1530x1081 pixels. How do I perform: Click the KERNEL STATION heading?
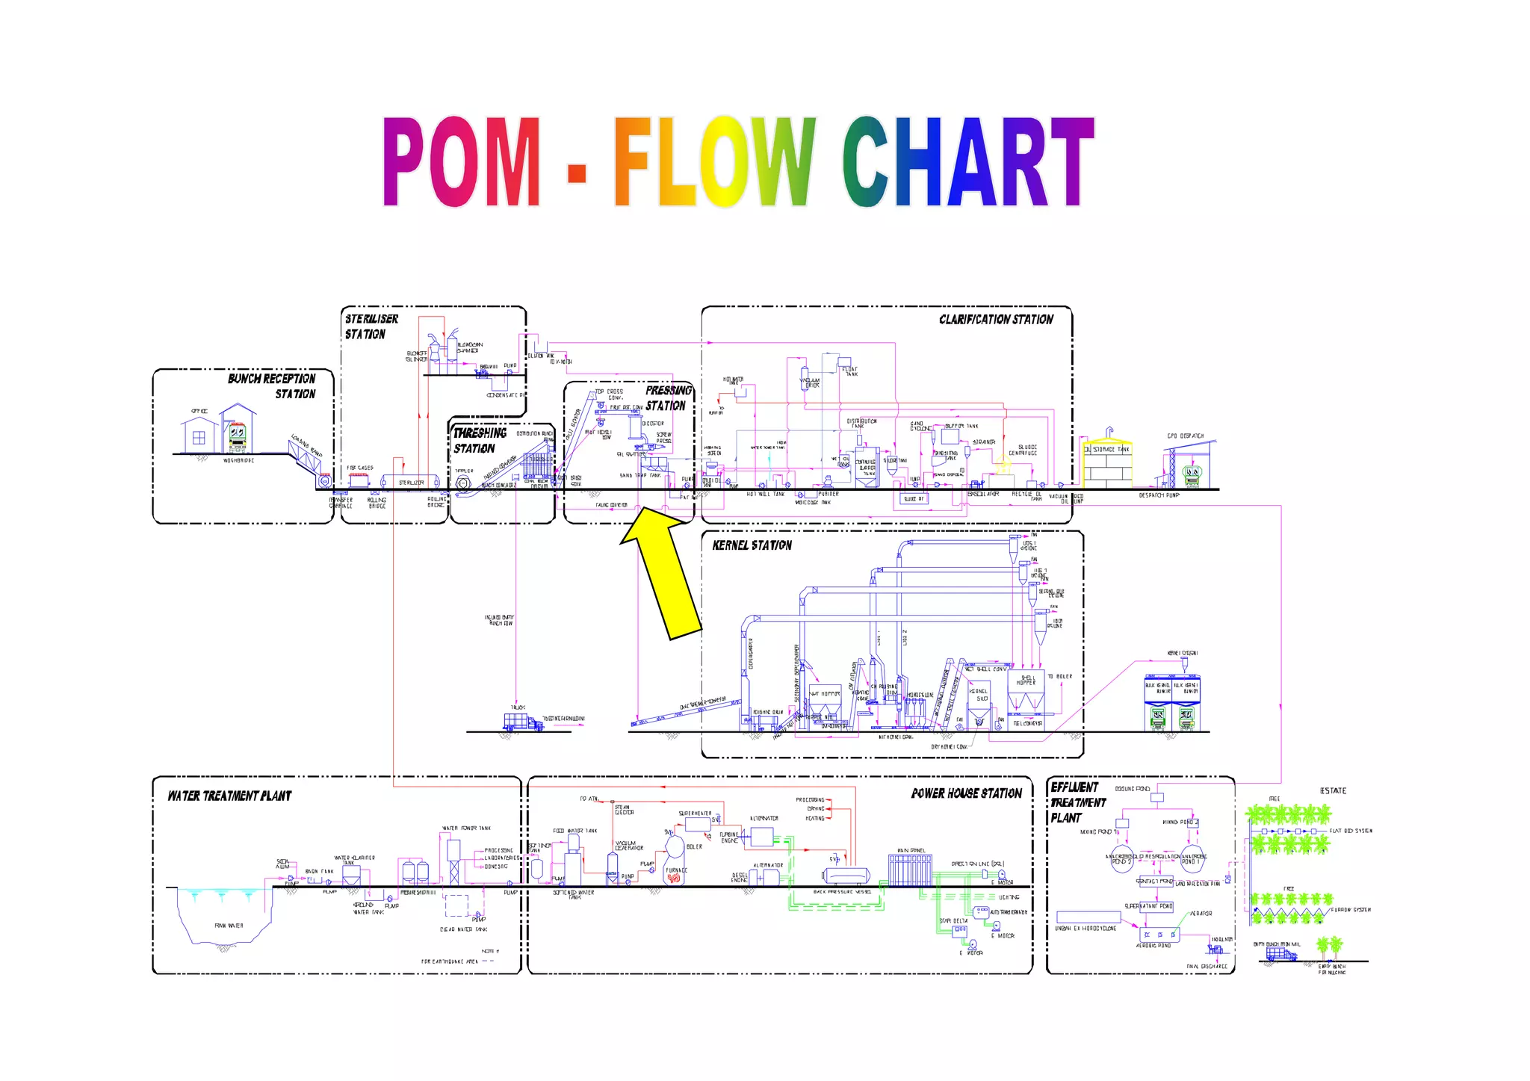pyautogui.click(x=752, y=545)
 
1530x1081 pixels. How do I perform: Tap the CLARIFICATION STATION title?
pyautogui.click(x=996, y=320)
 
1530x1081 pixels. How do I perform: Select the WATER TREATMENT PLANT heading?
pyautogui.click(x=229, y=796)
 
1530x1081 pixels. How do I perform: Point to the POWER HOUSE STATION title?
pyautogui.click(x=966, y=793)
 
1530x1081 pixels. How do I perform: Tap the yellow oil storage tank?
pyautogui.click(x=1108, y=464)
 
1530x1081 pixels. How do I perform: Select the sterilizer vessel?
pyautogui.click(x=404, y=482)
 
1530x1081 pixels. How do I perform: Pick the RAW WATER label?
pyautogui.click(x=229, y=926)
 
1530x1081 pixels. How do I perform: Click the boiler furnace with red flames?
pyautogui.click(x=675, y=876)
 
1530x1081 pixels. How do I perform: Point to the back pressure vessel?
pyautogui.click(x=847, y=876)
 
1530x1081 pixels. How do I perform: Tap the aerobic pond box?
pyautogui.click(x=1159, y=935)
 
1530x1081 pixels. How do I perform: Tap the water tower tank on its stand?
pyautogui.click(x=453, y=852)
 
